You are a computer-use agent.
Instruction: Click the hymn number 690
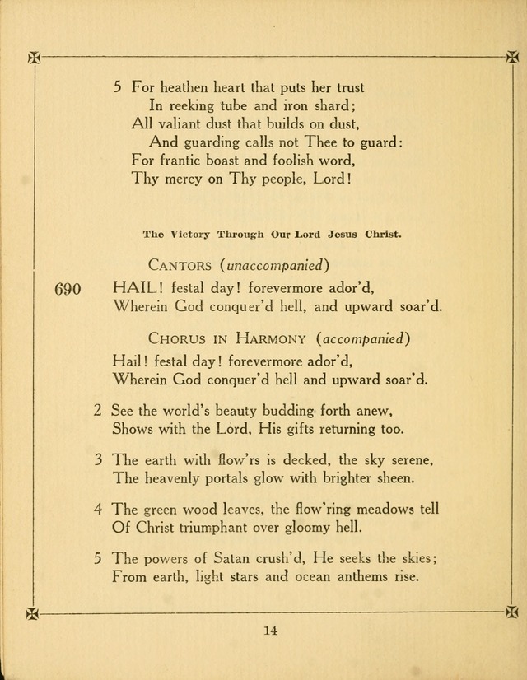(66, 289)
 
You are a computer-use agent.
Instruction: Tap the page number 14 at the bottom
(271, 631)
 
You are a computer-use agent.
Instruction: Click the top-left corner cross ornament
(33, 57)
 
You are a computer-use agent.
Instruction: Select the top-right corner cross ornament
(511, 57)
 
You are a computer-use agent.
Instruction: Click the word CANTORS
(180, 264)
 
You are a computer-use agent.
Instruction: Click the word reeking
(185, 105)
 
